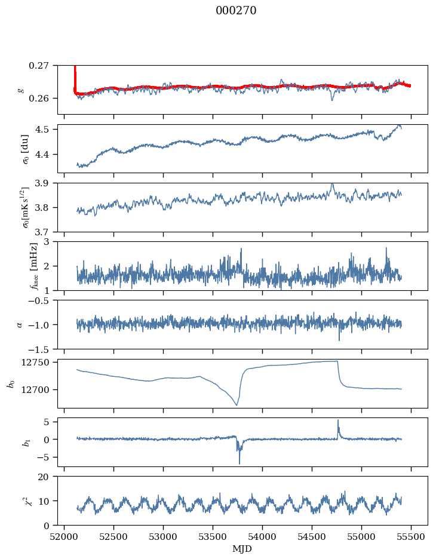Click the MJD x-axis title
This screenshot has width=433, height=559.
(242, 549)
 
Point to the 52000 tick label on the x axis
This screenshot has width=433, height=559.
(65, 537)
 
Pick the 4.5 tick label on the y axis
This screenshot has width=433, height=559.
(45, 130)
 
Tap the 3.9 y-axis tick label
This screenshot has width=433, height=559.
(45, 183)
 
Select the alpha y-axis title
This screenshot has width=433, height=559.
(20, 324)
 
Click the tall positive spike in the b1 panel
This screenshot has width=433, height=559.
(338, 420)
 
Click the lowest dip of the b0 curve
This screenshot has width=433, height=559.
(237, 406)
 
